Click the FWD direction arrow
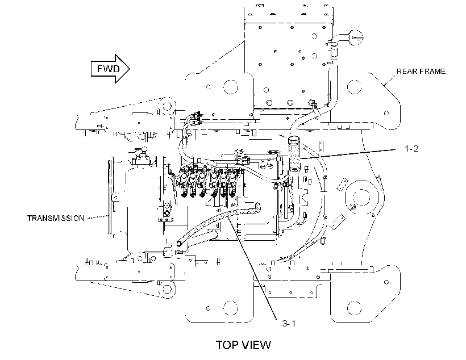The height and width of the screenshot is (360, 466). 110,69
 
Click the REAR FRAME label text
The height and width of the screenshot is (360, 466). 421,72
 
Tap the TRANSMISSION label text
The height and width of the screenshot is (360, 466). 56,218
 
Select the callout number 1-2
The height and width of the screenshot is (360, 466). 411,148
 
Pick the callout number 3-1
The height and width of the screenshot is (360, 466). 289,323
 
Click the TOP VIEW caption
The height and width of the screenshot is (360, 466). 243,345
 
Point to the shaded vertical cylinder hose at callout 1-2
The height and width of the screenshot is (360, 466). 294,154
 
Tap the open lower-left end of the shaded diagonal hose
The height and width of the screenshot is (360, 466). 179,243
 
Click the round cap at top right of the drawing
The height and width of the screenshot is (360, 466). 355,37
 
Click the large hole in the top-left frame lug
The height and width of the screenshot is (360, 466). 231,87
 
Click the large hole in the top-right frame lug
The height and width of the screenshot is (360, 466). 354,87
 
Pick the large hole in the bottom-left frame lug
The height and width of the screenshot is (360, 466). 231,308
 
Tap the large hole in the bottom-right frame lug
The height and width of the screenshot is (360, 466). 354,308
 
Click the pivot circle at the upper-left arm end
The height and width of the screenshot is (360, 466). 166,104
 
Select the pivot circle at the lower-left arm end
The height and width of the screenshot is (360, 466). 166,288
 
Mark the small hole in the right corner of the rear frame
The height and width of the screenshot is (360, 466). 386,113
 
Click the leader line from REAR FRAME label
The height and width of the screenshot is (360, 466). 390,80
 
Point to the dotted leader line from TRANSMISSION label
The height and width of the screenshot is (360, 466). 98,217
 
